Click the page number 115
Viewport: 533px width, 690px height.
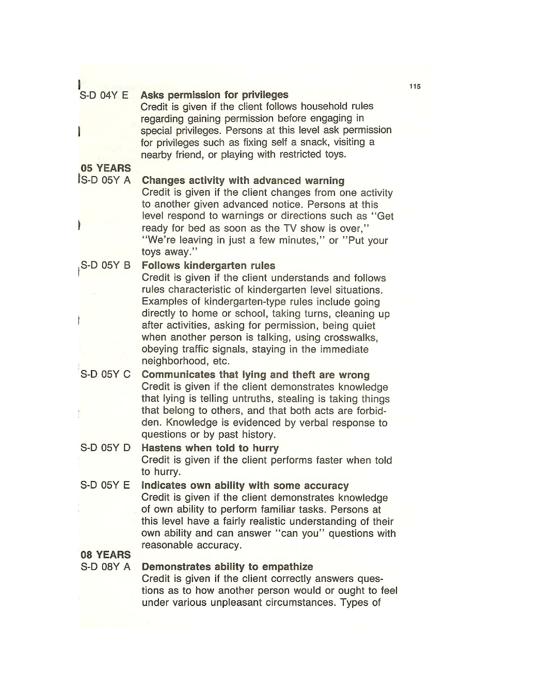pos(415,86)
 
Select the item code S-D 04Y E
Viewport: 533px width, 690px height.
pos(104,95)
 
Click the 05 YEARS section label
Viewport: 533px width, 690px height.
pos(106,168)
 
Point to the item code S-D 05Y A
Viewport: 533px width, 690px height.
pos(106,180)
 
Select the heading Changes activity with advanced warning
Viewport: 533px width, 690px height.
pos(243,180)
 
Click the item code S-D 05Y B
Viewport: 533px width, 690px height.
pos(106,265)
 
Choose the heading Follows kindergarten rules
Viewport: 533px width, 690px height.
pos(208,265)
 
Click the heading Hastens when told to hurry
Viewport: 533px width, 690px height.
pos(210,448)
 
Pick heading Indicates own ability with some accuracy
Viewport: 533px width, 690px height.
pos(245,485)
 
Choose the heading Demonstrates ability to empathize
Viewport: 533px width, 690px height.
pos(227,567)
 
